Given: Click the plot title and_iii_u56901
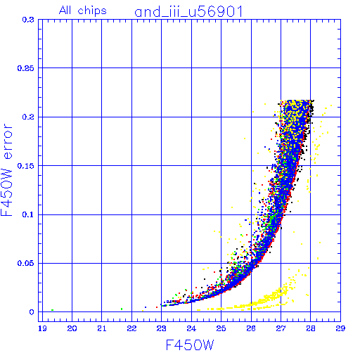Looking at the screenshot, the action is pos(188,12).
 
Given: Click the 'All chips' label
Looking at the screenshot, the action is pos(83,11).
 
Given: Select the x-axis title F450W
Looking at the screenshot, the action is pos(190,345).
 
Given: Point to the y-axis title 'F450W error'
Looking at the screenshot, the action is pos(7,170).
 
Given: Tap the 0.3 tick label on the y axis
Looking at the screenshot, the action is pos(28,20).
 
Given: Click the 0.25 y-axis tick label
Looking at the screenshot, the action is pos(26,68).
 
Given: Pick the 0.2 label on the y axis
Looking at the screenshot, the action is pos(28,117).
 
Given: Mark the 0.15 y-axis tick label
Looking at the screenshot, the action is pos(26,166).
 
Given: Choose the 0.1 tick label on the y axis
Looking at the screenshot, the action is pos(28,214).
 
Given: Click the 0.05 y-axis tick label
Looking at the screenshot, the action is pos(26,263).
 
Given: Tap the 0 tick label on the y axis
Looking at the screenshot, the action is pos(32,312).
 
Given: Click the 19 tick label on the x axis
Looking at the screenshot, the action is pos(42,328).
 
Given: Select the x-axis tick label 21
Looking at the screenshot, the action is pos(102,328).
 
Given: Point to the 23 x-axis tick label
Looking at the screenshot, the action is pos(161,328).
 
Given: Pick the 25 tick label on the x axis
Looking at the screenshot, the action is pos(221,328).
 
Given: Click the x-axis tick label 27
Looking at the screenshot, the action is pos(281,328).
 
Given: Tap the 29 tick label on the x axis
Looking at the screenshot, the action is pos(340,328).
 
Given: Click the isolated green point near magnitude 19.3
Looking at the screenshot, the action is pos(52,310).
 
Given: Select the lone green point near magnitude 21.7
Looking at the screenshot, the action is pos(122,309).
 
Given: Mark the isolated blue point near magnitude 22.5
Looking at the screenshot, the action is pos(146,307).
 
